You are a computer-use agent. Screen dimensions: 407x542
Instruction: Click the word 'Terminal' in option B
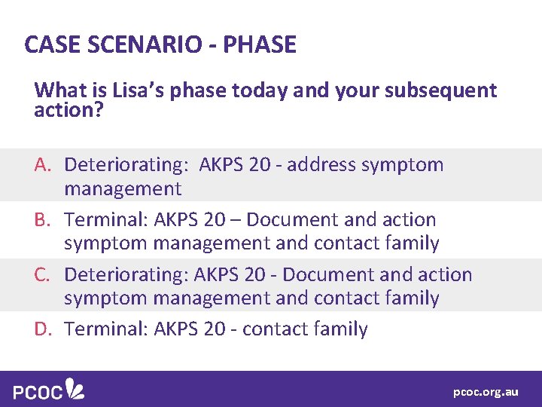[105, 220]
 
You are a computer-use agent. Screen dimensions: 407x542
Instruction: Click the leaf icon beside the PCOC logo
[75, 389]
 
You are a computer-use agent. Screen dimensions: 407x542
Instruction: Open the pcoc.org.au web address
[486, 392]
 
